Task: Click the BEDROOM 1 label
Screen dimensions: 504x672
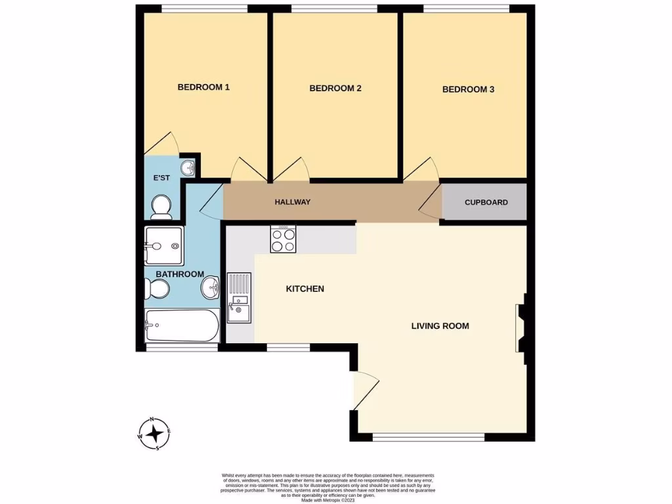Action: point(203,87)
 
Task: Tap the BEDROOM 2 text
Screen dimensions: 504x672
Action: point(335,89)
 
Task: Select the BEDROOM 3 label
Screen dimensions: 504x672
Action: point(468,89)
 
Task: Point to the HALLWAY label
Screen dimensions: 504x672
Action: point(292,202)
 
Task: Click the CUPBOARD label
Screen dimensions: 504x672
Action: point(486,203)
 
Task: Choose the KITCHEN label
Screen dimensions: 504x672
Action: point(304,289)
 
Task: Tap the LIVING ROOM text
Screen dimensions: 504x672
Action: point(440,325)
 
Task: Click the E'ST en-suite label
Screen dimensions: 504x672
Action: point(161,178)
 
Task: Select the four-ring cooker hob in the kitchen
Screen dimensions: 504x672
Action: point(283,240)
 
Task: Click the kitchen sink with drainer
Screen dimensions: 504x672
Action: point(239,298)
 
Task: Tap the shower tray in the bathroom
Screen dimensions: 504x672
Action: point(164,246)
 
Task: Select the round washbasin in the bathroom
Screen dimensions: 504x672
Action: point(211,286)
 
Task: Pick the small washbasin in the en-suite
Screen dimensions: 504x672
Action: point(189,168)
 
